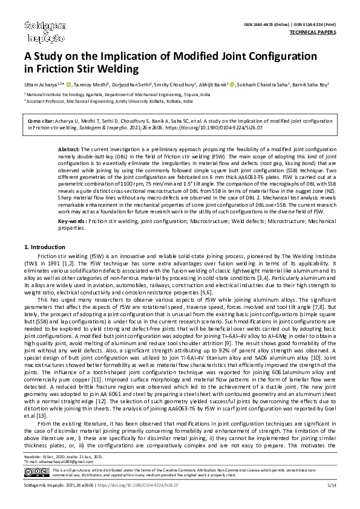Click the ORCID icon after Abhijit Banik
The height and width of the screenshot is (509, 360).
233,85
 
